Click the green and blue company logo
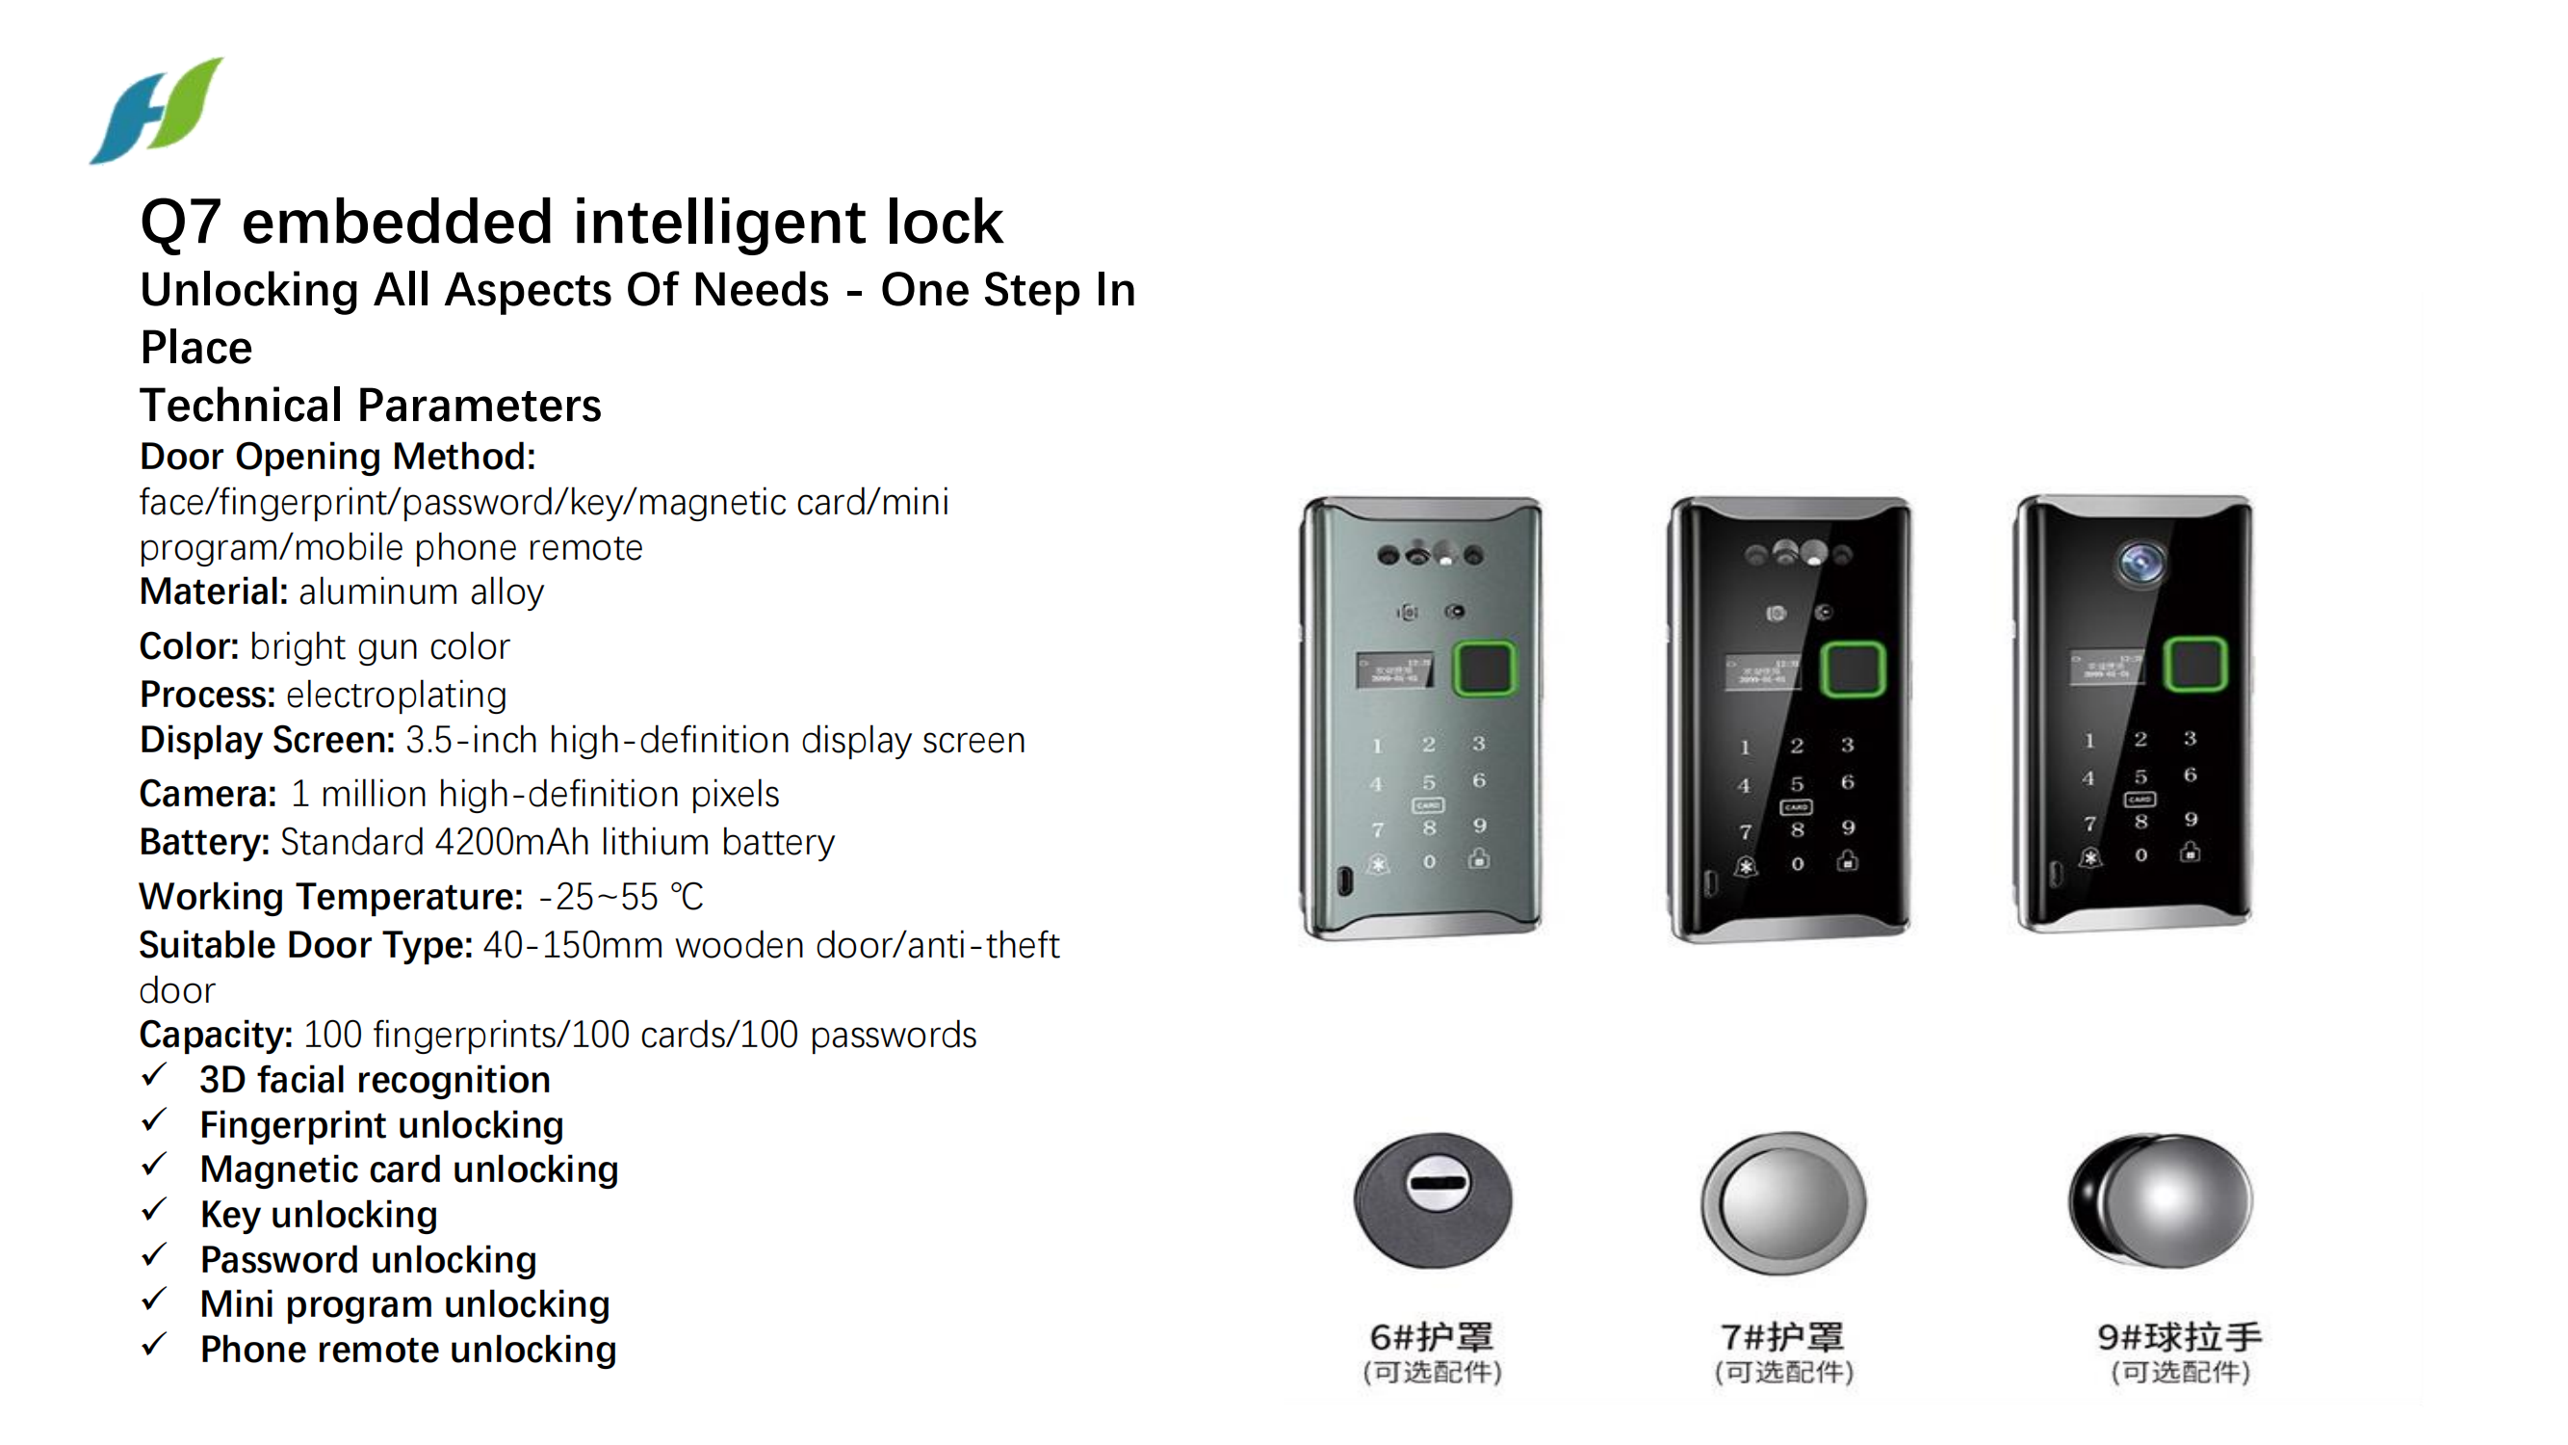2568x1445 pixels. [x=157, y=111]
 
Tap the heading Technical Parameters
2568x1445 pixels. [x=370, y=405]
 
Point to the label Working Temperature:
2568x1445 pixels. [x=330, y=897]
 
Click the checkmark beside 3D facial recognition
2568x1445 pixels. [x=153, y=1076]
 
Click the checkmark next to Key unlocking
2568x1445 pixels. [x=153, y=1211]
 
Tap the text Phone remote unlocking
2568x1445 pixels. [x=407, y=1350]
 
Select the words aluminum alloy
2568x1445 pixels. [x=421, y=592]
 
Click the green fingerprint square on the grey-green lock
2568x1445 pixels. [x=1484, y=669]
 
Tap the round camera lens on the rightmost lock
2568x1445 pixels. [x=2140, y=563]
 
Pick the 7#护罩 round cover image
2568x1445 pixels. [x=1782, y=1202]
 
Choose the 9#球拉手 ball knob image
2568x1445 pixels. [x=2161, y=1199]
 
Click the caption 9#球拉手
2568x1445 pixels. [x=2179, y=1336]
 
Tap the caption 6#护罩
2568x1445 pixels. [x=1432, y=1336]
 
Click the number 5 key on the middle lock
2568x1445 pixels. [x=1797, y=784]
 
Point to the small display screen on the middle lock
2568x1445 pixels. [x=1761, y=670]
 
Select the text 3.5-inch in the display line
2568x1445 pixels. [x=471, y=740]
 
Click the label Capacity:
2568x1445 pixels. [x=216, y=1036]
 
